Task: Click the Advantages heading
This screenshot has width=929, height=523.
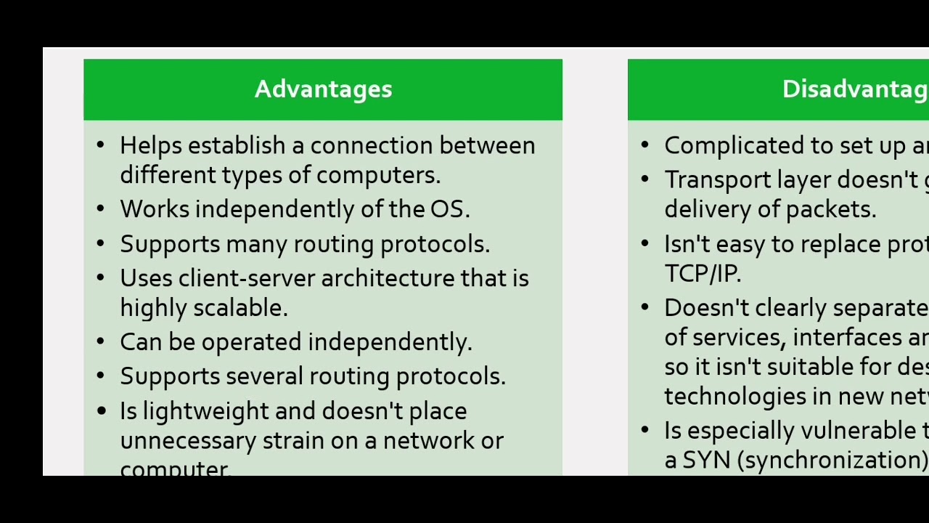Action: pyautogui.click(x=323, y=89)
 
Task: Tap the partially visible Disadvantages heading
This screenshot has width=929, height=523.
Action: pyautogui.click(x=855, y=89)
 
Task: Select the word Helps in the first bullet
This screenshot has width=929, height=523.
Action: pyautogui.click(x=151, y=145)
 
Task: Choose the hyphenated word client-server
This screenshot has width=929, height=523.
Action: pyautogui.click(x=247, y=278)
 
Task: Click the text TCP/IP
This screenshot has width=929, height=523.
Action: pyautogui.click(x=701, y=273)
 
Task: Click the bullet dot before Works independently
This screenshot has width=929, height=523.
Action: pyautogui.click(x=100, y=209)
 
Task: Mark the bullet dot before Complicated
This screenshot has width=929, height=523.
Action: pyautogui.click(x=644, y=145)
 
